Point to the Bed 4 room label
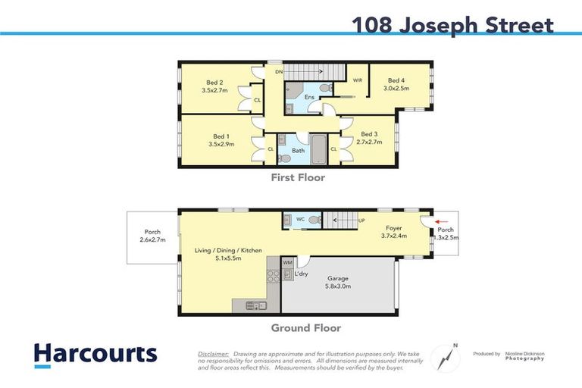click(396, 80)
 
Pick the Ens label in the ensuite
click(309, 97)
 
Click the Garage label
click(337, 279)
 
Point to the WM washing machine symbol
click(287, 262)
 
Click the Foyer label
click(394, 227)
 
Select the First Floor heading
click(299, 178)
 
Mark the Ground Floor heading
click(306, 328)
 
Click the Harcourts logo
click(95, 354)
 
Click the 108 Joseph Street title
click(452, 26)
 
